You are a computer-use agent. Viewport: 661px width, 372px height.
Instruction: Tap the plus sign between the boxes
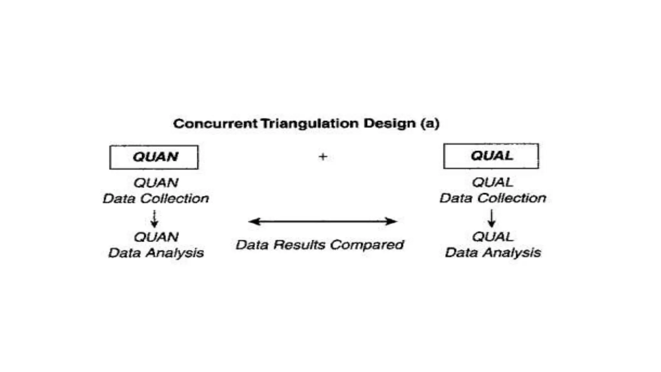[x=323, y=157]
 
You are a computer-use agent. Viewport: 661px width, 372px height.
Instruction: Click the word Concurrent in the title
[x=215, y=124]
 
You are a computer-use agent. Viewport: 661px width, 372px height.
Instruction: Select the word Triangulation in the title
[x=310, y=124]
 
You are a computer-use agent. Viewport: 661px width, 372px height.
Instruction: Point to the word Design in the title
[x=390, y=124]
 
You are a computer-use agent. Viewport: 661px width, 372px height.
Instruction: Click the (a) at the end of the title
[x=430, y=124]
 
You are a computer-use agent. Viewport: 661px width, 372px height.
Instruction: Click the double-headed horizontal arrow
[x=323, y=222]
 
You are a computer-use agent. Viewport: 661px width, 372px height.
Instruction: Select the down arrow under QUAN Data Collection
[x=155, y=219]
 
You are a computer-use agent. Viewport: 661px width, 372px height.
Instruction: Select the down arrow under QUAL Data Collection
[x=492, y=218]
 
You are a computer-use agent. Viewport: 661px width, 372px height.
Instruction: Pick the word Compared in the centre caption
[x=367, y=245]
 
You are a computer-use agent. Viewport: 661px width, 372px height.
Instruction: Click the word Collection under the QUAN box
[x=175, y=199]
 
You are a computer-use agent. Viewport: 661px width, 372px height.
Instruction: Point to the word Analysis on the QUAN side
[x=175, y=253]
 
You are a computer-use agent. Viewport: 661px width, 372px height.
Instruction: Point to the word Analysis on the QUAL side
[x=512, y=253]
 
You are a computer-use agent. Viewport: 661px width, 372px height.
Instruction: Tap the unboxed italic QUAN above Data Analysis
[x=156, y=237]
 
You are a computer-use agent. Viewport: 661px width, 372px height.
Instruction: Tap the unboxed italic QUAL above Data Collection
[x=492, y=183]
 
